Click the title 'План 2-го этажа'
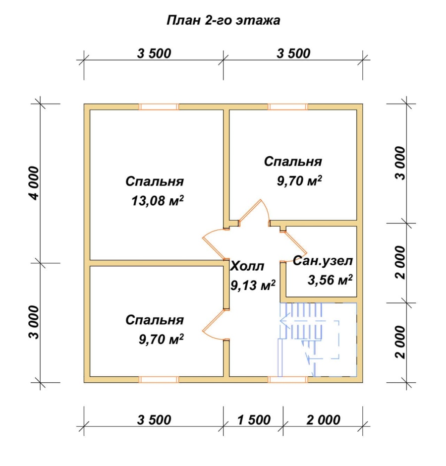pyautogui.click(x=223, y=20)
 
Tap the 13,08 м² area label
pyautogui.click(x=157, y=201)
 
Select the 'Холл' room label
pyautogui.click(x=247, y=266)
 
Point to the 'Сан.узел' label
pyautogui.click(x=323, y=261)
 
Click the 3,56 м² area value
pyautogui.click(x=330, y=280)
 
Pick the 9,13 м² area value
pyautogui.click(x=253, y=286)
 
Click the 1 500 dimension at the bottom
pyautogui.click(x=254, y=420)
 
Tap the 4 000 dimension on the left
pyautogui.click(x=35, y=183)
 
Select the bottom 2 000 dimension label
pyautogui.click(x=323, y=420)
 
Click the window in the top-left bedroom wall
pyautogui.click(x=159, y=107)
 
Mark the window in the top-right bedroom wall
pyautogui.click(x=288, y=107)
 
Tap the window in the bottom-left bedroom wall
pyautogui.click(x=159, y=380)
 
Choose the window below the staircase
pyautogui.click(x=288, y=380)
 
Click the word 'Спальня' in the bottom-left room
pyautogui.click(x=155, y=320)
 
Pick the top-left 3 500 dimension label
pyautogui.click(x=154, y=54)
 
